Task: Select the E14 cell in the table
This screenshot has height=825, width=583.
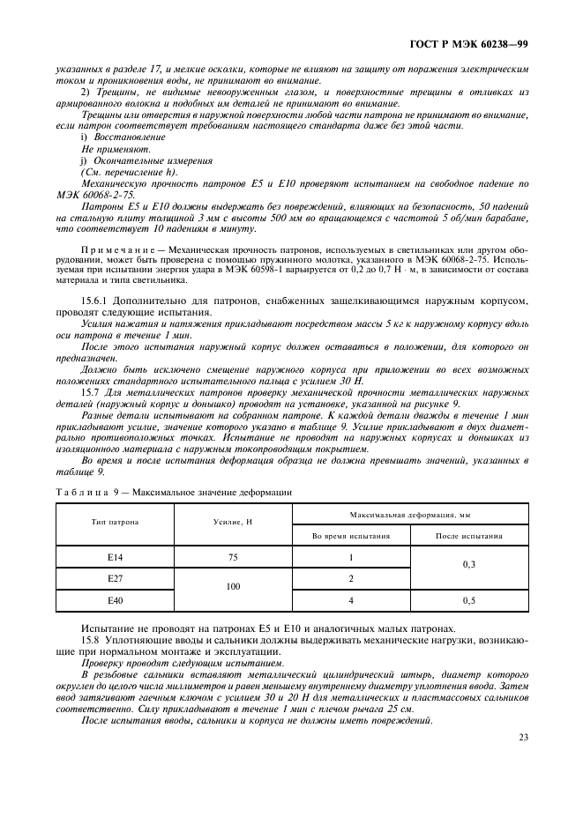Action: [114, 558]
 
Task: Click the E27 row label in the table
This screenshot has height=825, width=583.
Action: [114, 579]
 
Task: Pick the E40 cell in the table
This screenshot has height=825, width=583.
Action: [114, 600]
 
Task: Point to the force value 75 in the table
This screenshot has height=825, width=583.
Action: [233, 558]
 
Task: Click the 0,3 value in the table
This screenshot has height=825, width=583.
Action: [469, 569]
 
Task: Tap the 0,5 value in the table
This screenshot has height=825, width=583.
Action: [469, 600]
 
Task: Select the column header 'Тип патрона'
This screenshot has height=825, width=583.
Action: [114, 523]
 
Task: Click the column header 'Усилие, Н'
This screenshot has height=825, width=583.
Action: [233, 523]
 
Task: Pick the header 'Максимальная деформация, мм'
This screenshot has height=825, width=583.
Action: [409, 512]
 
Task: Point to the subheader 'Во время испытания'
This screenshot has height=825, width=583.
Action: [350, 535]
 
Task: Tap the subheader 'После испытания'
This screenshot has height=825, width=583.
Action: [469, 535]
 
